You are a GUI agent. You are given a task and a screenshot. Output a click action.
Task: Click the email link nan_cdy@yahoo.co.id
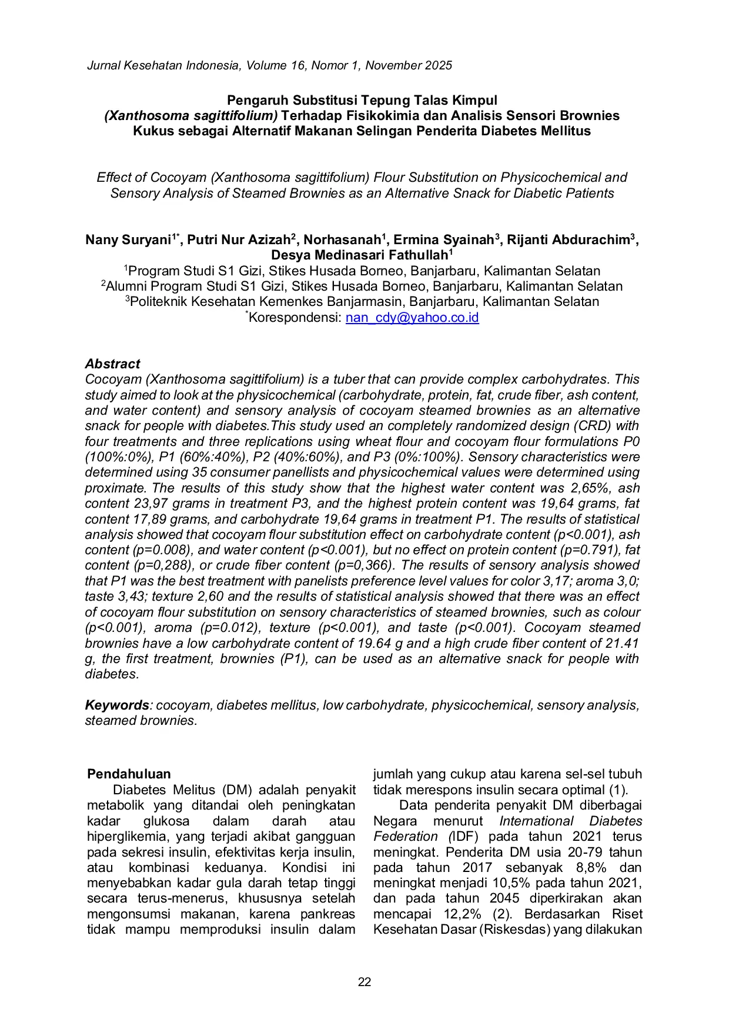pos(412,318)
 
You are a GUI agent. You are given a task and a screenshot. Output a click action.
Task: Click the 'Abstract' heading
pos(112,364)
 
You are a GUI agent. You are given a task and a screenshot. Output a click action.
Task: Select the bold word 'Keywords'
pos(116,705)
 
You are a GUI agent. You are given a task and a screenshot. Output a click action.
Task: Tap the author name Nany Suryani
pos(128,240)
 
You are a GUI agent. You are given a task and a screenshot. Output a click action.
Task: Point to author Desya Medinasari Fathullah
pos(359,255)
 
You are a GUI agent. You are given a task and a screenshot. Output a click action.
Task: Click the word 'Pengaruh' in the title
pos(253,101)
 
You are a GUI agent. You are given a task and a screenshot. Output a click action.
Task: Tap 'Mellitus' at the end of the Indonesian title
pos(565,131)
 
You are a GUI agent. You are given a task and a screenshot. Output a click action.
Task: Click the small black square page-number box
pos(364,981)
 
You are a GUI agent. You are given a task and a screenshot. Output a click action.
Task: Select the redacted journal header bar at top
pos(270,64)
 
